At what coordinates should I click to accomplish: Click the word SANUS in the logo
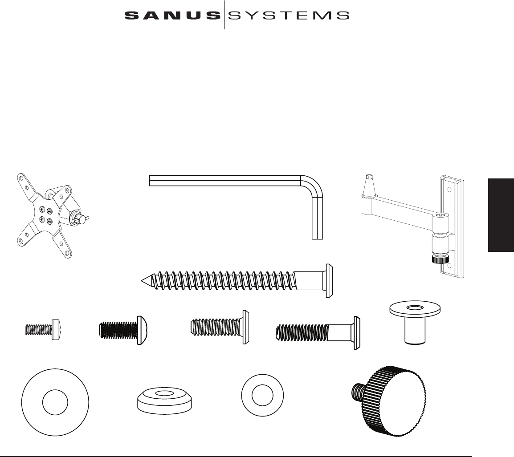(x=172, y=16)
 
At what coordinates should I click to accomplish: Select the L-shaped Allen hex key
(x=232, y=181)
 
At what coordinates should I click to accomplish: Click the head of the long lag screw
(x=330, y=280)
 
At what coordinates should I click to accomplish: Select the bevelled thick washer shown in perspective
(x=165, y=399)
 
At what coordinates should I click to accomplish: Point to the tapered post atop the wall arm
(x=368, y=186)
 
